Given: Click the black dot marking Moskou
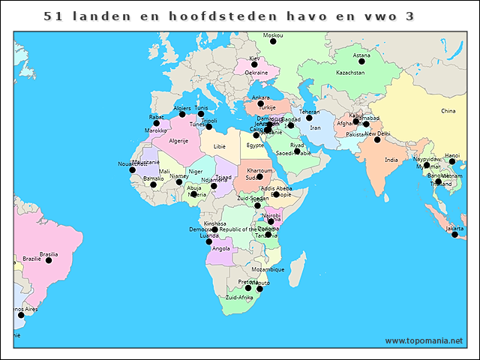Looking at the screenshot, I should coord(273,42).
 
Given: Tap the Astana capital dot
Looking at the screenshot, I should coord(361,61).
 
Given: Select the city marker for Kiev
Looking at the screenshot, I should coord(254,64).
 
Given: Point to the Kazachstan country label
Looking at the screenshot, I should coord(349,73).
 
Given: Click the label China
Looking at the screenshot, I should coord(448,111).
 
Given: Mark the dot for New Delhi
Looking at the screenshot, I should coord(377,139).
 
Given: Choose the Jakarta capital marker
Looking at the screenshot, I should coord(454,235).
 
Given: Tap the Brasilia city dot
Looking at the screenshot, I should coord(49,260).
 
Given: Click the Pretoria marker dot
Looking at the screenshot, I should coord(248,288).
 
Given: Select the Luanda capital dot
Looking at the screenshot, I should coord(209,241).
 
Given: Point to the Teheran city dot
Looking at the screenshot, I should coord(309,118).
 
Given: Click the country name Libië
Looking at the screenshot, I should coord(219,146).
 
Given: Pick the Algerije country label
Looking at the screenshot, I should coord(178,140).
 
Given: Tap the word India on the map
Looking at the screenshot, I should coord(391,160).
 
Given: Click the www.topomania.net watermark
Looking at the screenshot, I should coord(424,340).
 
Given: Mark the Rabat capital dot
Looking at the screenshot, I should coord(157,123).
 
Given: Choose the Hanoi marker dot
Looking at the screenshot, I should coord(452,161).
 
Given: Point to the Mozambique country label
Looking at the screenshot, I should coord(268,268).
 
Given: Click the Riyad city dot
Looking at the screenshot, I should coord(297,151).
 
